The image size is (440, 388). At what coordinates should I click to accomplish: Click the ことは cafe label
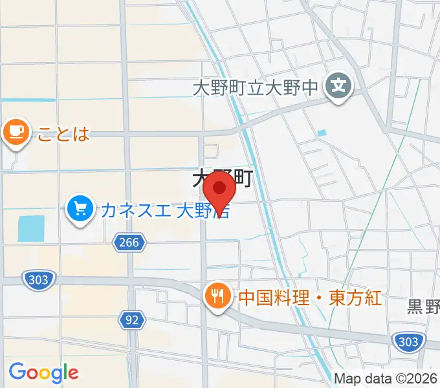pos(62,133)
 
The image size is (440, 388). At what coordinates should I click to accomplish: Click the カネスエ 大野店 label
pos(166,210)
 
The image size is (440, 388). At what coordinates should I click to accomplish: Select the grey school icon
pos(339,85)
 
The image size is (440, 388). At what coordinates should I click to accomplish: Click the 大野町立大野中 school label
pos(256,86)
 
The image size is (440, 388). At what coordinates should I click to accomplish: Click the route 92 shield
pos(132,319)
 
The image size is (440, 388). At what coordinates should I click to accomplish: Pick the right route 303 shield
pos(407,341)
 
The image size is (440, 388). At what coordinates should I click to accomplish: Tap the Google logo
pos(43,372)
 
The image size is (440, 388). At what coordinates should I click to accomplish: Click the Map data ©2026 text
pos(386,378)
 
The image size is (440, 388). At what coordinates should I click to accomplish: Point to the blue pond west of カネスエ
pos(31,228)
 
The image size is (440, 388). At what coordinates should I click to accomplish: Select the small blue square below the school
pos(322,133)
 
